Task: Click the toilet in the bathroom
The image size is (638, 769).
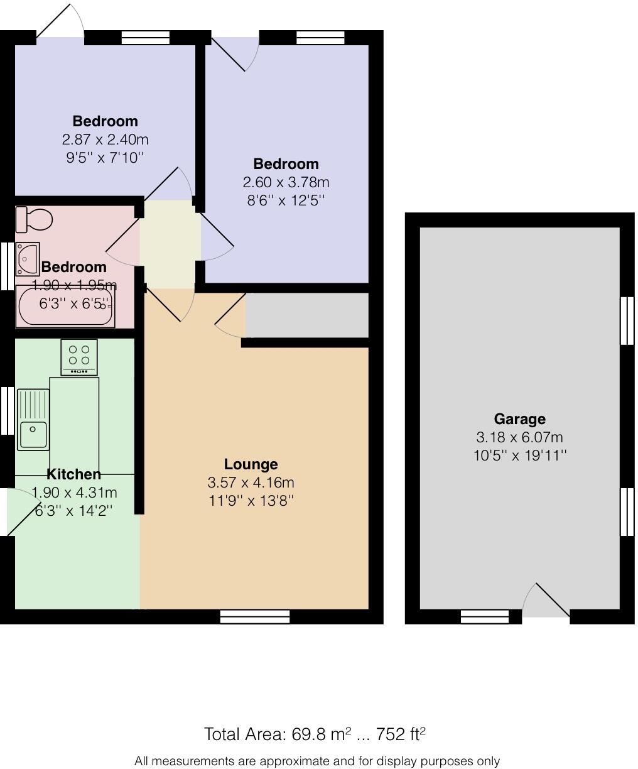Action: pyautogui.click(x=34, y=219)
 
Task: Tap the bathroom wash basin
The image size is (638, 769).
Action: pyautogui.click(x=27, y=258)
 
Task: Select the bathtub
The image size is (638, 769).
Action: pyautogui.click(x=65, y=306)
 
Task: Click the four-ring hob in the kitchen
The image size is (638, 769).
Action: pyautogui.click(x=79, y=356)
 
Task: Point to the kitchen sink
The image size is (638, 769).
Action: pyautogui.click(x=33, y=419)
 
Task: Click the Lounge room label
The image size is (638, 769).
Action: pyautogui.click(x=251, y=464)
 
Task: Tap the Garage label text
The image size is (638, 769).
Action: pyautogui.click(x=519, y=419)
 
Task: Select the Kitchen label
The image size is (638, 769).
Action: pyautogui.click(x=74, y=474)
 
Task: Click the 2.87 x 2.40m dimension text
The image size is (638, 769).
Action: pyautogui.click(x=105, y=139)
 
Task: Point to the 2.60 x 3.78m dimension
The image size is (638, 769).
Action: pyautogui.click(x=286, y=182)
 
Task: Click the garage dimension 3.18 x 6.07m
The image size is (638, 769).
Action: pyautogui.click(x=519, y=437)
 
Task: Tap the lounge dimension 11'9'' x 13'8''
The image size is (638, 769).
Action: pyautogui.click(x=251, y=501)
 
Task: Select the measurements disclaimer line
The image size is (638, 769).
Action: pyautogui.click(x=317, y=761)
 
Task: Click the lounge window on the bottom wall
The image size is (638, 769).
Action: pyautogui.click(x=255, y=616)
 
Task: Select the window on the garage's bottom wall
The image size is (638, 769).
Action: pyautogui.click(x=484, y=616)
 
